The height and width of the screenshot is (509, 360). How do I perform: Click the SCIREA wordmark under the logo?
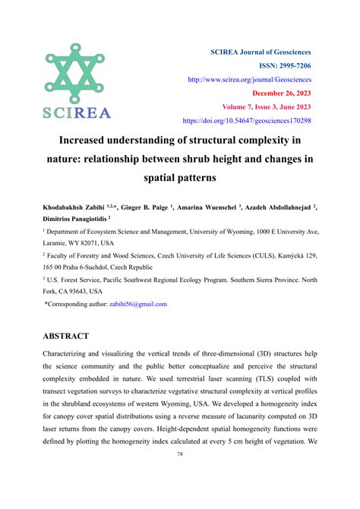point(77,113)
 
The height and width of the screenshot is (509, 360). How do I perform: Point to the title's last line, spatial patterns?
point(180,180)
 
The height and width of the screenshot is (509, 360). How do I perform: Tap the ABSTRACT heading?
point(66,336)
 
